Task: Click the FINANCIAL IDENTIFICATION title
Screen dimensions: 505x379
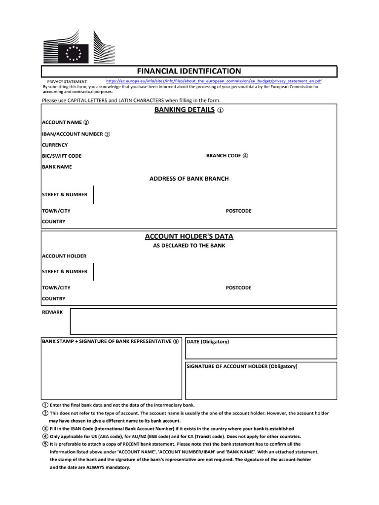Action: [189, 71]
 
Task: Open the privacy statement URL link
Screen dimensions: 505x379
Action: [214, 81]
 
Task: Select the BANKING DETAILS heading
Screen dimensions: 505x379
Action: [185, 110]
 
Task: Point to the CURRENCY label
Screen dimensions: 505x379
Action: [55, 145]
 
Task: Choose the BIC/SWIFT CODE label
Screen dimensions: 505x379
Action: [62, 156]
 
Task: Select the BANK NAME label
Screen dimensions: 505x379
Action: [57, 167]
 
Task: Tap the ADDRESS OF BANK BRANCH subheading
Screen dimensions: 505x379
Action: [189, 179]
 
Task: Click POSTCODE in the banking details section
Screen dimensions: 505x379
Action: [238, 211]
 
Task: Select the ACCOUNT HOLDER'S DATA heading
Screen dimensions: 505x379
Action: [189, 237]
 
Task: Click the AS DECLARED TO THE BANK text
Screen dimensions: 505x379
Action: [189, 246]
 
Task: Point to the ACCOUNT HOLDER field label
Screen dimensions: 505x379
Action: [64, 256]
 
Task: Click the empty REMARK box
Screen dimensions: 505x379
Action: [203, 322]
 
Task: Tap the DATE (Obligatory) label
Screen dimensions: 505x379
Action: [208, 342]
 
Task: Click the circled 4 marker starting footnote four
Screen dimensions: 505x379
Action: [45, 436]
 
